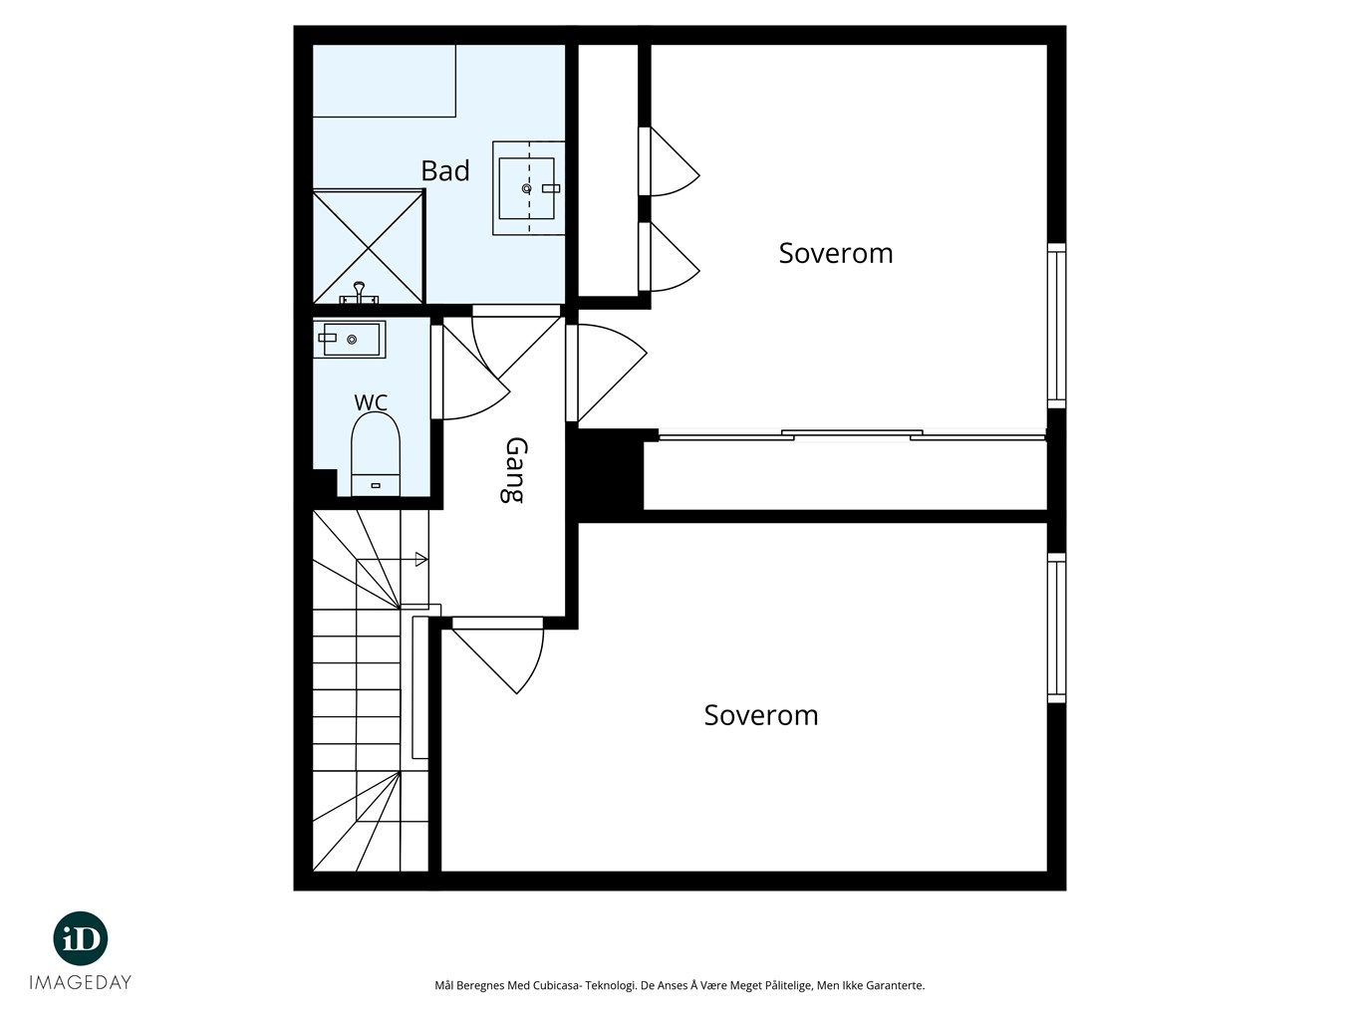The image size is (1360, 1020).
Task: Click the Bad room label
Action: click(x=445, y=171)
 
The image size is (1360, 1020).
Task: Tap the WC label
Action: click(x=371, y=402)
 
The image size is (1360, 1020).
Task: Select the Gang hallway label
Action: click(x=515, y=471)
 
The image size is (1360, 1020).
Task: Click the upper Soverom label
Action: click(x=835, y=253)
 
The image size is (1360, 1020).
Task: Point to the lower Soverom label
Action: click(x=761, y=715)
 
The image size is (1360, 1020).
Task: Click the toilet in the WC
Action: click(x=376, y=454)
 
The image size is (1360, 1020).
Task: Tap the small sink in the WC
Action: click(x=350, y=339)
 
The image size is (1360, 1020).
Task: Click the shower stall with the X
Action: click(x=369, y=247)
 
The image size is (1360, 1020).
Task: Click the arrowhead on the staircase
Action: click(x=421, y=559)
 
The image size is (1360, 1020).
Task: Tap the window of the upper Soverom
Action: click(x=1056, y=326)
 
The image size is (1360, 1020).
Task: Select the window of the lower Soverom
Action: click(x=1056, y=628)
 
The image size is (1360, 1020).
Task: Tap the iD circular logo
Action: click(x=81, y=938)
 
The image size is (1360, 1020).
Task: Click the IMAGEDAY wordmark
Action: click(x=81, y=982)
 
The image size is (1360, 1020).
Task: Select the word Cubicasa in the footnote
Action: click(x=553, y=985)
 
